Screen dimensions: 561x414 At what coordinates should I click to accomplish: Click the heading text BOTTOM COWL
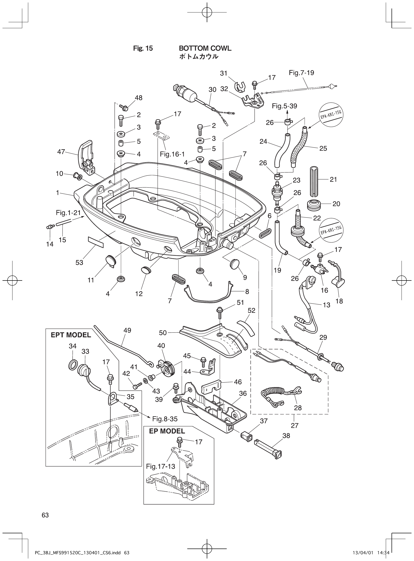click(205, 48)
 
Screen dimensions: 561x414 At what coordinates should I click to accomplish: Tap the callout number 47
click(61, 152)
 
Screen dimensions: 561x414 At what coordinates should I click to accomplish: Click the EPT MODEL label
click(71, 335)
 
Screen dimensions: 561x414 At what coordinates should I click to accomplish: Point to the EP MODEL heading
click(167, 431)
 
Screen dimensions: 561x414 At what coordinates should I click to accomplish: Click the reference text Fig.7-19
click(301, 73)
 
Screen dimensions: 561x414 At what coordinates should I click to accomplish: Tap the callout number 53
click(79, 263)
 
